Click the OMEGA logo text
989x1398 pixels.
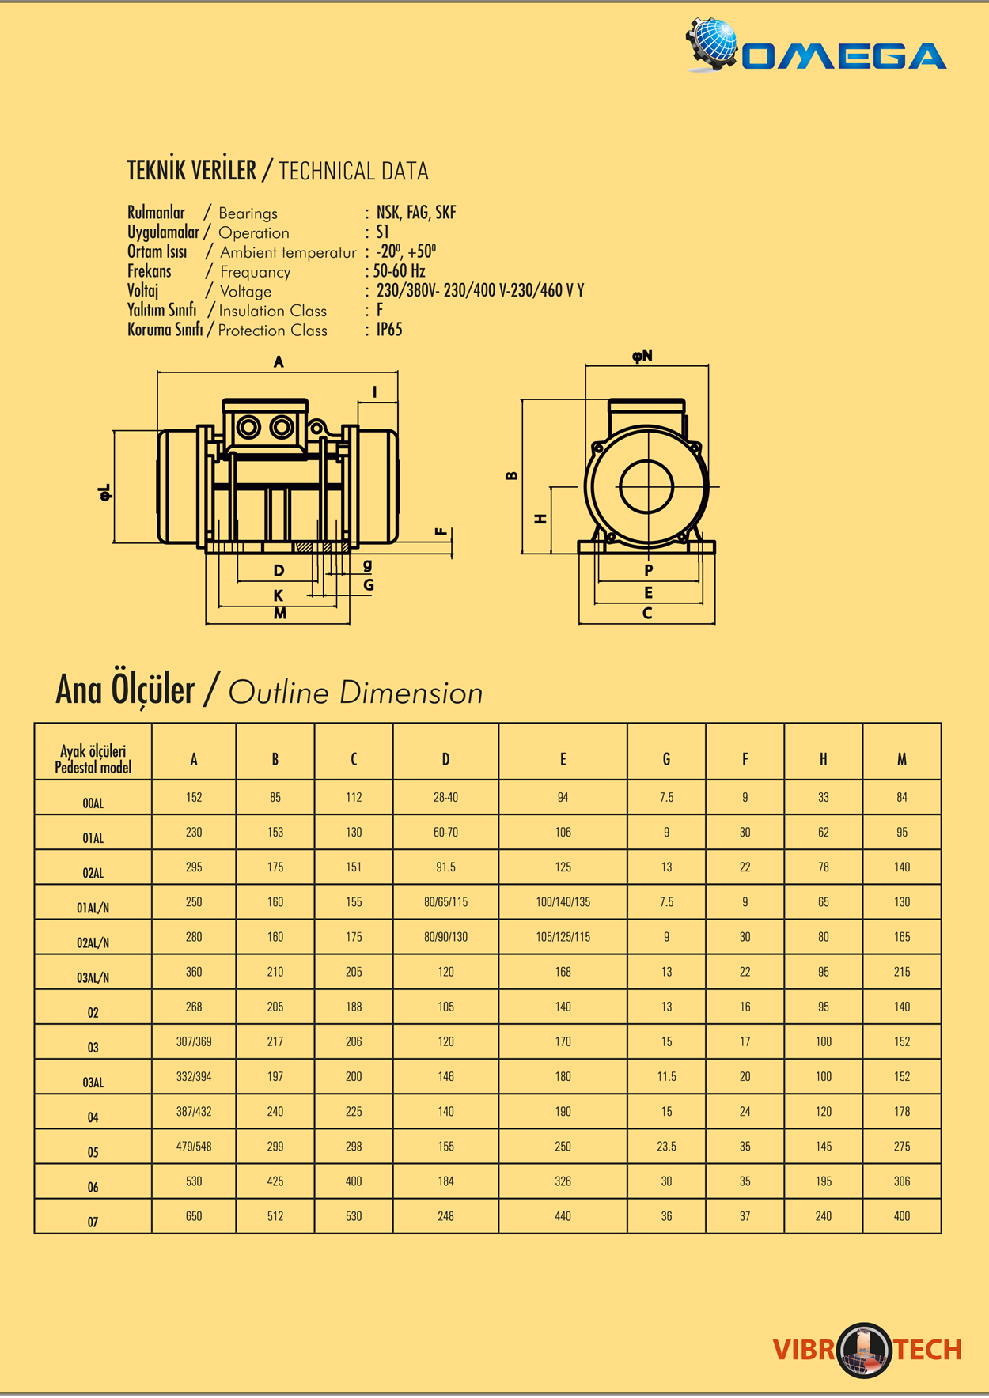pos(843,56)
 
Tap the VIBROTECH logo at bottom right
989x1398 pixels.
pos(866,1349)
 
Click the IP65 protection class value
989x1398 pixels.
pos(389,330)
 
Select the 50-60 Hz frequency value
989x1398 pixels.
pos(400,271)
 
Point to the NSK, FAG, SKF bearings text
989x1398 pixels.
pos(416,213)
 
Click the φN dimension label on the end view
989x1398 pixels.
pos(642,356)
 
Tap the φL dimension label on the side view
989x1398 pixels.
pos(105,492)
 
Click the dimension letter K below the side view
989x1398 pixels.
pos(279,595)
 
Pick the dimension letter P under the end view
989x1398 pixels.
pos(649,570)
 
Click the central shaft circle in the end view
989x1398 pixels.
pos(646,486)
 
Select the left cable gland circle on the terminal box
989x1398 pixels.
pos(248,428)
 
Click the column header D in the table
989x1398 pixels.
pos(445,759)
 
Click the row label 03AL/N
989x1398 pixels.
pos(93,977)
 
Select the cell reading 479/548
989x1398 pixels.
pos(194,1147)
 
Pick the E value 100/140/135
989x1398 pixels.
pos(563,902)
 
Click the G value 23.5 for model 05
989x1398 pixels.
pos(666,1147)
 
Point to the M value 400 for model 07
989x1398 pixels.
pos(901,1216)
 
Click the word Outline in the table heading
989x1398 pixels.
pos(278,693)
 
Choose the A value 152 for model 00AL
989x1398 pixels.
pos(194,798)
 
